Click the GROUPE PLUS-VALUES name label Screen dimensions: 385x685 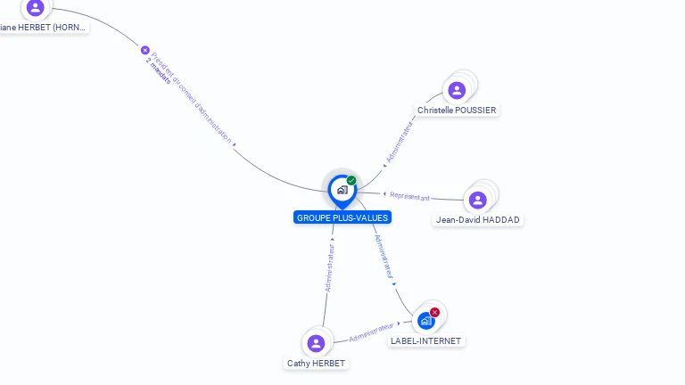point(342,217)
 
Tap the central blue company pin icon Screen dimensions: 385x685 point(342,189)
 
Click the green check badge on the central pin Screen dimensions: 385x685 point(351,180)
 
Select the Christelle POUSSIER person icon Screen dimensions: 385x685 point(457,90)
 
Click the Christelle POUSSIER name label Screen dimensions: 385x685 point(457,111)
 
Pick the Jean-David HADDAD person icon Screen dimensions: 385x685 point(478,200)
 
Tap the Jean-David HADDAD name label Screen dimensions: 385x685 point(478,220)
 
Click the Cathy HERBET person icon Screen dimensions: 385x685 point(316,343)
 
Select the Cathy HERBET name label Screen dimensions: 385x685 point(316,364)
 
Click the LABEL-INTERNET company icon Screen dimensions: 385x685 point(425,321)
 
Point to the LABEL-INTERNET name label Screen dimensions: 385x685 point(426,341)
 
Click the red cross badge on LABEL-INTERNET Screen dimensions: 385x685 point(434,312)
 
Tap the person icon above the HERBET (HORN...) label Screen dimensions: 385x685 point(35,8)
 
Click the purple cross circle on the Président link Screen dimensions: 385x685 point(145,51)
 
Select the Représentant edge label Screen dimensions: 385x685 point(410,196)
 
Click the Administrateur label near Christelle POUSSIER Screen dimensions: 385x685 point(400,143)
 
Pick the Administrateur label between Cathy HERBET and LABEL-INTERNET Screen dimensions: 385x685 point(372,332)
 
